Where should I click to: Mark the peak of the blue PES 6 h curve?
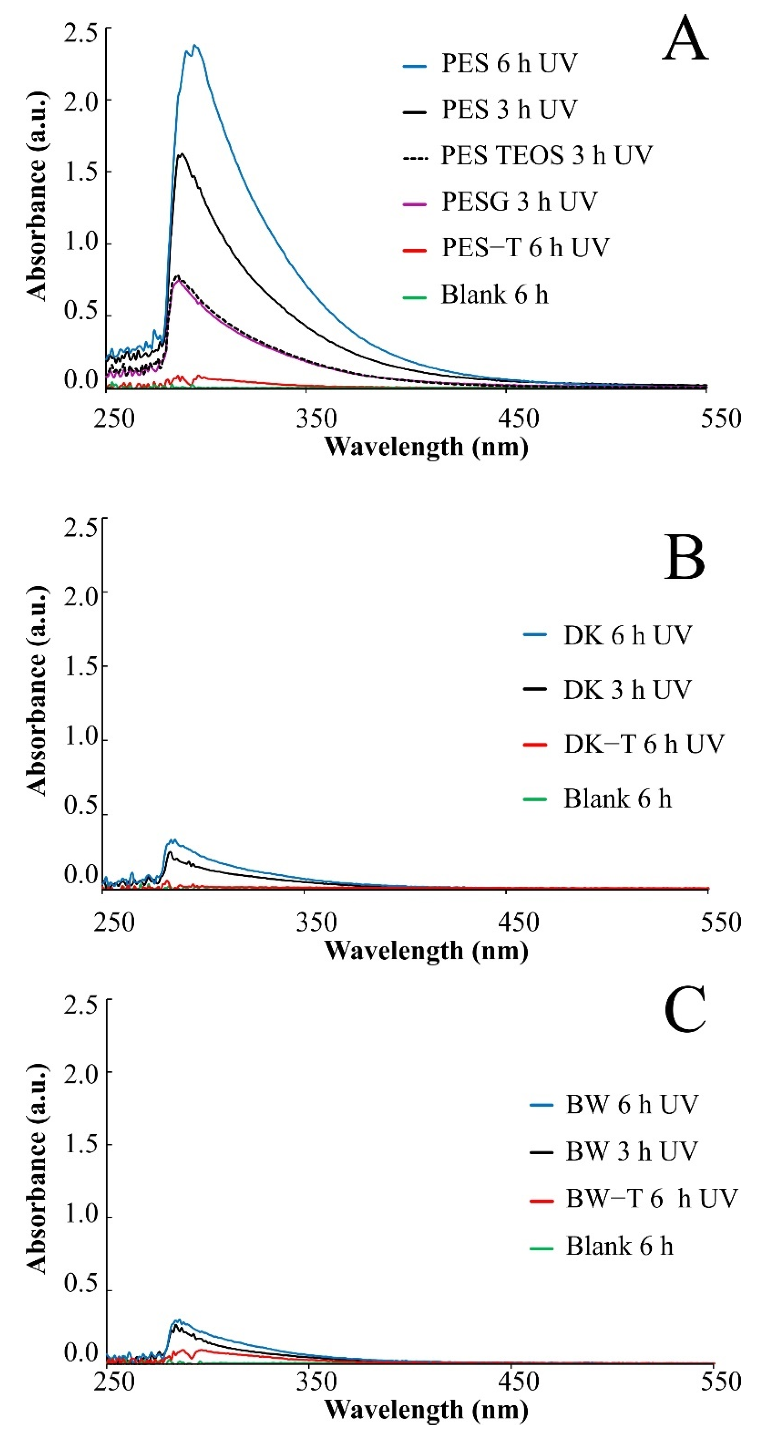194,45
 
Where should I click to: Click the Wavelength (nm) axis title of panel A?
426,447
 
